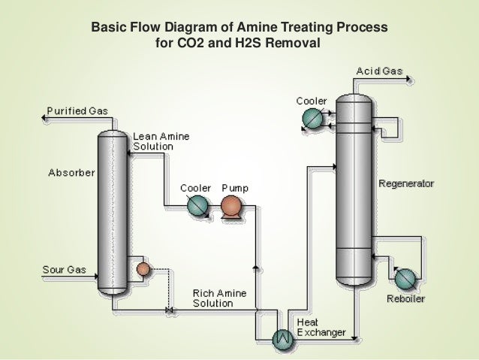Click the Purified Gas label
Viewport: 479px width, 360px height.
pyautogui.click(x=77, y=111)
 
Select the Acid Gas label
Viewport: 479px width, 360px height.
pyautogui.click(x=378, y=71)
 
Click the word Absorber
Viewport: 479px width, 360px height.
pyautogui.click(x=71, y=173)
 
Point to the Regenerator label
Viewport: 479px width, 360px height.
pyautogui.click(x=405, y=183)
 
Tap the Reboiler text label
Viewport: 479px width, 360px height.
pyautogui.click(x=406, y=299)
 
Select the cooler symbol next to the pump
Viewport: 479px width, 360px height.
pyautogui.click(x=197, y=205)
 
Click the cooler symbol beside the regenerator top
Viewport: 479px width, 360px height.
pyautogui.click(x=311, y=117)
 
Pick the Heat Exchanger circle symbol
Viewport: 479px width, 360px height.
pyautogui.click(x=283, y=337)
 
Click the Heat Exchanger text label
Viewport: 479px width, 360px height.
pyautogui.click(x=321, y=328)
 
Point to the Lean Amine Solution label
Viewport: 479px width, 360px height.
pyautogui.click(x=161, y=141)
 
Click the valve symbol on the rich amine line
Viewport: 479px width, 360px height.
pyautogui.click(x=168, y=310)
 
